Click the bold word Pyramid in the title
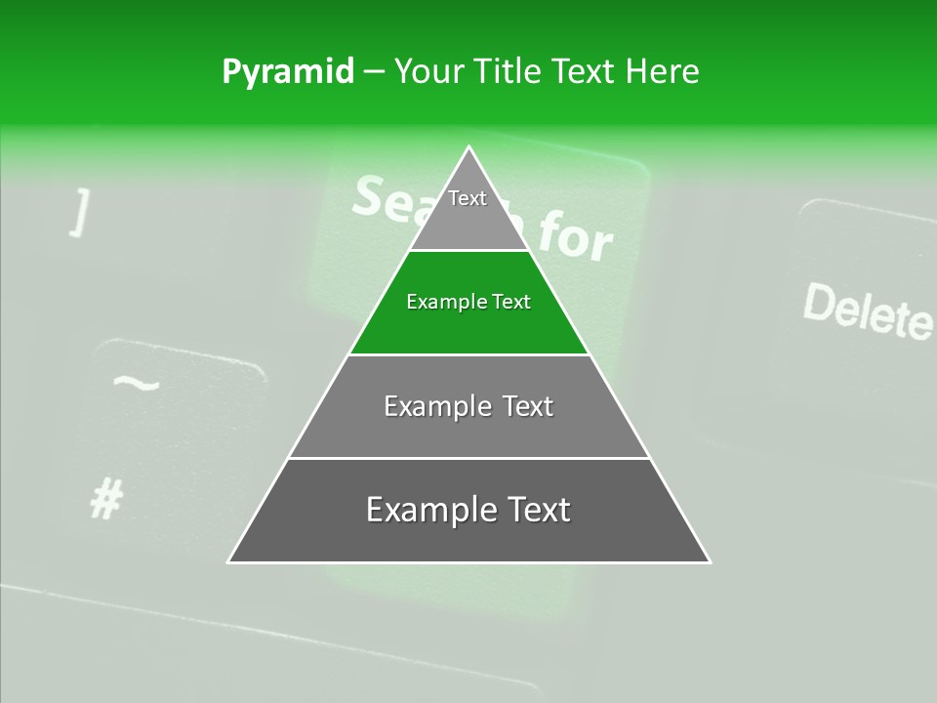(x=288, y=72)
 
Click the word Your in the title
(x=427, y=72)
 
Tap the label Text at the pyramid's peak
(x=468, y=198)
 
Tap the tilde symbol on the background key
(x=136, y=382)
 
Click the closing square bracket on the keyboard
(x=80, y=213)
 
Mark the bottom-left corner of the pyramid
(x=229, y=561)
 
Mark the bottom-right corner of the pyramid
(x=710, y=561)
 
